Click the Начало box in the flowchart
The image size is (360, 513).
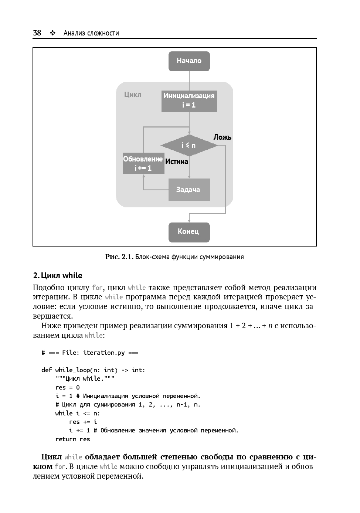(x=189, y=61)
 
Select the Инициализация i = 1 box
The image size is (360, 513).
(x=189, y=101)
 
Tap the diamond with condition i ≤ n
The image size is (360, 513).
(x=189, y=145)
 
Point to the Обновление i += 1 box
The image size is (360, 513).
(x=143, y=163)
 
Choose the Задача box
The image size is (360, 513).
(x=189, y=190)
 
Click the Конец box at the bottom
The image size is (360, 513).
(x=189, y=232)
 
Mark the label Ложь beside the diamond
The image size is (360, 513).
(x=222, y=137)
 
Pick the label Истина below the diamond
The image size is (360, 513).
(x=176, y=162)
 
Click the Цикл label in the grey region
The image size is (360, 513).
(x=133, y=95)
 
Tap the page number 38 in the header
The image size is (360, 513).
(x=37, y=33)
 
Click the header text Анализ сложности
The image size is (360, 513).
(x=91, y=33)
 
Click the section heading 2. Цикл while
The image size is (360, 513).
(x=58, y=276)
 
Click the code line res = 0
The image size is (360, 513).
(x=67, y=387)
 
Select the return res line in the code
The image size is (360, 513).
(x=72, y=439)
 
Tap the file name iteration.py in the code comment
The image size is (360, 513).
(x=104, y=353)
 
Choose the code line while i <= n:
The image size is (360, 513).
(x=78, y=413)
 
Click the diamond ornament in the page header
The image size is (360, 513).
(x=52, y=33)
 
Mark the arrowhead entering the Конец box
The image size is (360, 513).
(x=189, y=221)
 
